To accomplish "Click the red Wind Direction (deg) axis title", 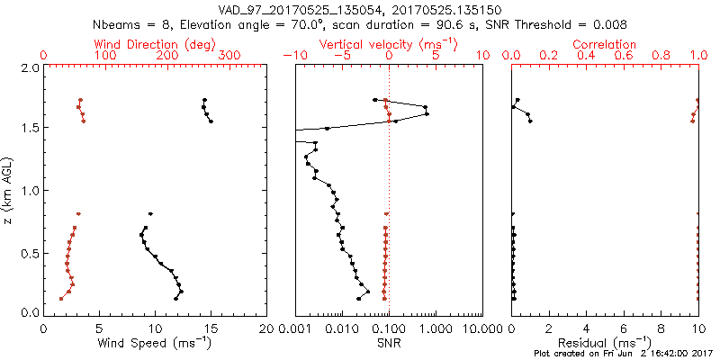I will click(x=155, y=44).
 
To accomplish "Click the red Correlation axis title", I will click(x=605, y=44).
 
